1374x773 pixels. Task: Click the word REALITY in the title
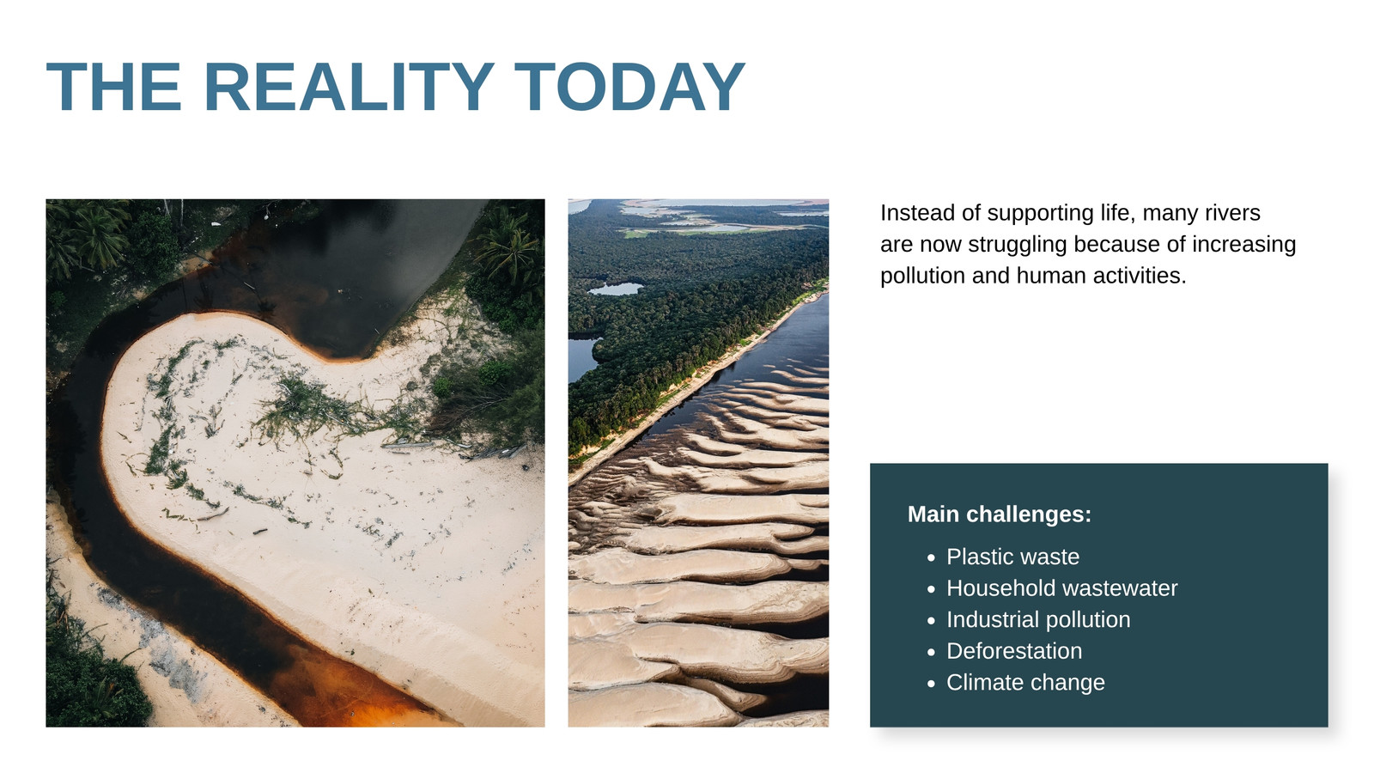click(x=349, y=87)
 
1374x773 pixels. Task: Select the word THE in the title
click(x=114, y=87)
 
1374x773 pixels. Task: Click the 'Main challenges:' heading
click(x=1000, y=514)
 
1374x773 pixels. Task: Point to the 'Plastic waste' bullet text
click(x=1012, y=557)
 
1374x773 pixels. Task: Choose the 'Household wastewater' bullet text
click(x=1061, y=587)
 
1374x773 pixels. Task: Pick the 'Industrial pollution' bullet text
click(x=1038, y=619)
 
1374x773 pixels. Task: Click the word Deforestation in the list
click(x=1014, y=651)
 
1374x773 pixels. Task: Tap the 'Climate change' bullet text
click(x=1025, y=682)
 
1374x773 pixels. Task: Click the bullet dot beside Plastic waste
click(x=931, y=557)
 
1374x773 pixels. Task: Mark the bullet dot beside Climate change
click(x=931, y=684)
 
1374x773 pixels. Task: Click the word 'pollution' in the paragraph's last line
click(x=922, y=276)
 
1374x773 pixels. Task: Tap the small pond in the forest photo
click(x=616, y=289)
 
